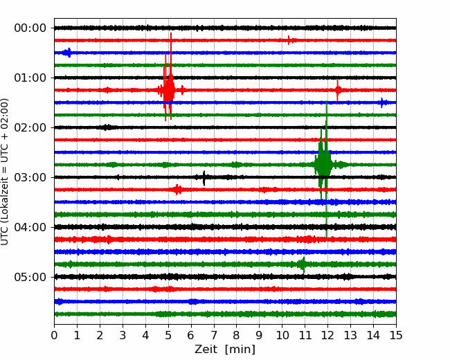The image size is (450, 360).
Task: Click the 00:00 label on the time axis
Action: [30, 28]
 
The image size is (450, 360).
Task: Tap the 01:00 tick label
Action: [30, 78]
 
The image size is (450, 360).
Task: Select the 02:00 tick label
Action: [30, 128]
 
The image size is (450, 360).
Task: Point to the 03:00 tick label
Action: [30, 177]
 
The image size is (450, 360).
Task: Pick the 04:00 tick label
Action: [30, 227]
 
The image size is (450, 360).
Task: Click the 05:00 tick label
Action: [30, 278]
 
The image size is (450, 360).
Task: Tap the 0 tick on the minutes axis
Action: [54, 335]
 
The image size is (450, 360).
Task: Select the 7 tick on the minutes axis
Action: [214, 335]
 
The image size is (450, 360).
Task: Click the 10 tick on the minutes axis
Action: [282, 335]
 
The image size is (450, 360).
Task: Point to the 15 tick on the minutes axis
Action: [396, 335]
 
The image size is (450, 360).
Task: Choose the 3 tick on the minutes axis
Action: [123, 335]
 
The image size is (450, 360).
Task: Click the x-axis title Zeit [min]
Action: [225, 350]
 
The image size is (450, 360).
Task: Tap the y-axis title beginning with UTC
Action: [5, 172]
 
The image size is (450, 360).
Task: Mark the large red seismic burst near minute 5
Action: [170, 90]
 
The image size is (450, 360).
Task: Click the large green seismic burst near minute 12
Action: [324, 165]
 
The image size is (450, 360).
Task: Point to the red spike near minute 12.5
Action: [338, 90]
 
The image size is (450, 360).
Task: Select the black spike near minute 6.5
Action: [204, 177]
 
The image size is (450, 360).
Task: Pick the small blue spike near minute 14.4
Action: [382, 102]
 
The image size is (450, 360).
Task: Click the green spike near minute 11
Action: [303, 264]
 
